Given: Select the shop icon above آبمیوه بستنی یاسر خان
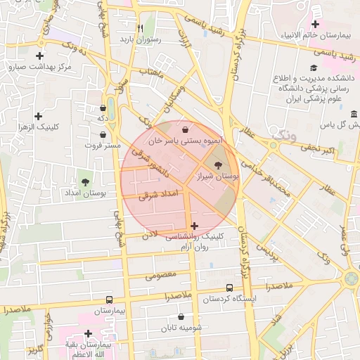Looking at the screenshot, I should (185, 130).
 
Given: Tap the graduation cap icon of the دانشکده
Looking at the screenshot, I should (313, 68).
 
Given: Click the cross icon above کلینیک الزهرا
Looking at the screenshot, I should (38, 116).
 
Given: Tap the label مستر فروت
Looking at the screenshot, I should (98, 145).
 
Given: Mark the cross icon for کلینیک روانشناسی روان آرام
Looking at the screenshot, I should (195, 226).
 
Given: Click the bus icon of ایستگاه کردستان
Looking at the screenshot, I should (229, 288).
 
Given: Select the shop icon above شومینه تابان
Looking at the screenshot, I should (181, 317).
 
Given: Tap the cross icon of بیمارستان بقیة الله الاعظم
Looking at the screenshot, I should (88, 333).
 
